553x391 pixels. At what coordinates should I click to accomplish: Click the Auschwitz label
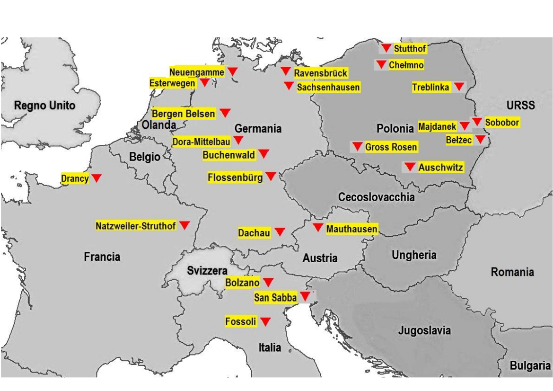[440, 167]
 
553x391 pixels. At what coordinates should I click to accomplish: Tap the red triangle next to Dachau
[280, 231]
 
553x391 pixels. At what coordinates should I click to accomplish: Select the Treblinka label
[430, 87]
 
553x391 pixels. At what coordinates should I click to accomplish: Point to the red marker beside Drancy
[96, 178]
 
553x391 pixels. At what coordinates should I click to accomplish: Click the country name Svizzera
[207, 271]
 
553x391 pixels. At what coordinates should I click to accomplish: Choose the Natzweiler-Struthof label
[136, 226]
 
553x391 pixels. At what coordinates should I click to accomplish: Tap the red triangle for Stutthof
[386, 48]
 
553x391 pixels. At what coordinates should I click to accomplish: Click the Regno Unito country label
[44, 106]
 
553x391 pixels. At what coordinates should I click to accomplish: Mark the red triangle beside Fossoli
[265, 321]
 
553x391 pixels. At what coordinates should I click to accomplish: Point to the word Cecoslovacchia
[376, 197]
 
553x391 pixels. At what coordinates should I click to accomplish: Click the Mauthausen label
[352, 229]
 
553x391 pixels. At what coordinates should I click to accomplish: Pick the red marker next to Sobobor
[477, 122]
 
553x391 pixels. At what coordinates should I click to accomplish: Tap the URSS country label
[520, 105]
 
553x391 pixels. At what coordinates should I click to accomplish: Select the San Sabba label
[275, 298]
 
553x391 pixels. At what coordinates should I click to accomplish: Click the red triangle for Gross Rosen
[357, 146]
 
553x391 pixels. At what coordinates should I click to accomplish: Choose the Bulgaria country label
[530, 365]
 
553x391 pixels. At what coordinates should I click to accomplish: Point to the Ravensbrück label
[321, 73]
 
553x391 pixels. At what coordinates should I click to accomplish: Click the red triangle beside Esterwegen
[205, 82]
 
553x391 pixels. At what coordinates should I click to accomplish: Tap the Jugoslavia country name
[424, 330]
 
